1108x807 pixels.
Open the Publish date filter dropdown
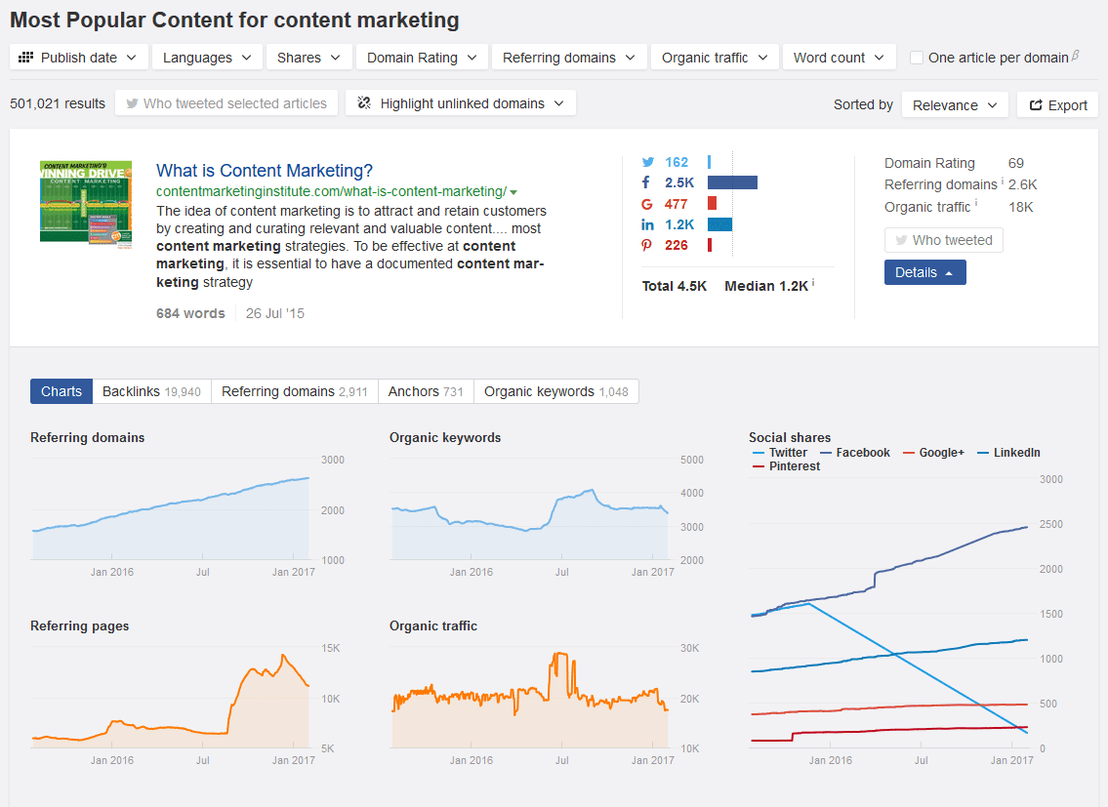(x=78, y=58)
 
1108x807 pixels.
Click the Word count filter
(x=839, y=58)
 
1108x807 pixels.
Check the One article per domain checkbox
(x=917, y=58)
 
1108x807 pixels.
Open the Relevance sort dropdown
(x=956, y=104)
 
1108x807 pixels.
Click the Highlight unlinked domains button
(x=461, y=103)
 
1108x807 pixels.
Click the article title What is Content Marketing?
(x=265, y=171)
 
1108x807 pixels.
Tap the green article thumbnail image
(x=86, y=204)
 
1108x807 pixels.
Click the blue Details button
(x=925, y=272)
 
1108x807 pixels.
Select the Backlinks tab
(x=151, y=391)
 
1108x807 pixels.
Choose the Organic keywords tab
(x=556, y=391)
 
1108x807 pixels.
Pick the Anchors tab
(x=426, y=391)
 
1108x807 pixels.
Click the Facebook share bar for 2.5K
(x=732, y=182)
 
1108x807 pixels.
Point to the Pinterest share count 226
(x=677, y=245)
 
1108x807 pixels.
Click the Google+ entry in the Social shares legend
(x=933, y=452)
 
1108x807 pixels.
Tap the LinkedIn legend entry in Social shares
(x=1008, y=452)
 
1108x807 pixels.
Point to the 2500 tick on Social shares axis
(x=1050, y=524)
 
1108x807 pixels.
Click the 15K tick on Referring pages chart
(x=331, y=648)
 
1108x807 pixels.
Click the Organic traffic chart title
(x=433, y=625)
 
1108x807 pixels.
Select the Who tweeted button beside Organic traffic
(x=943, y=240)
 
